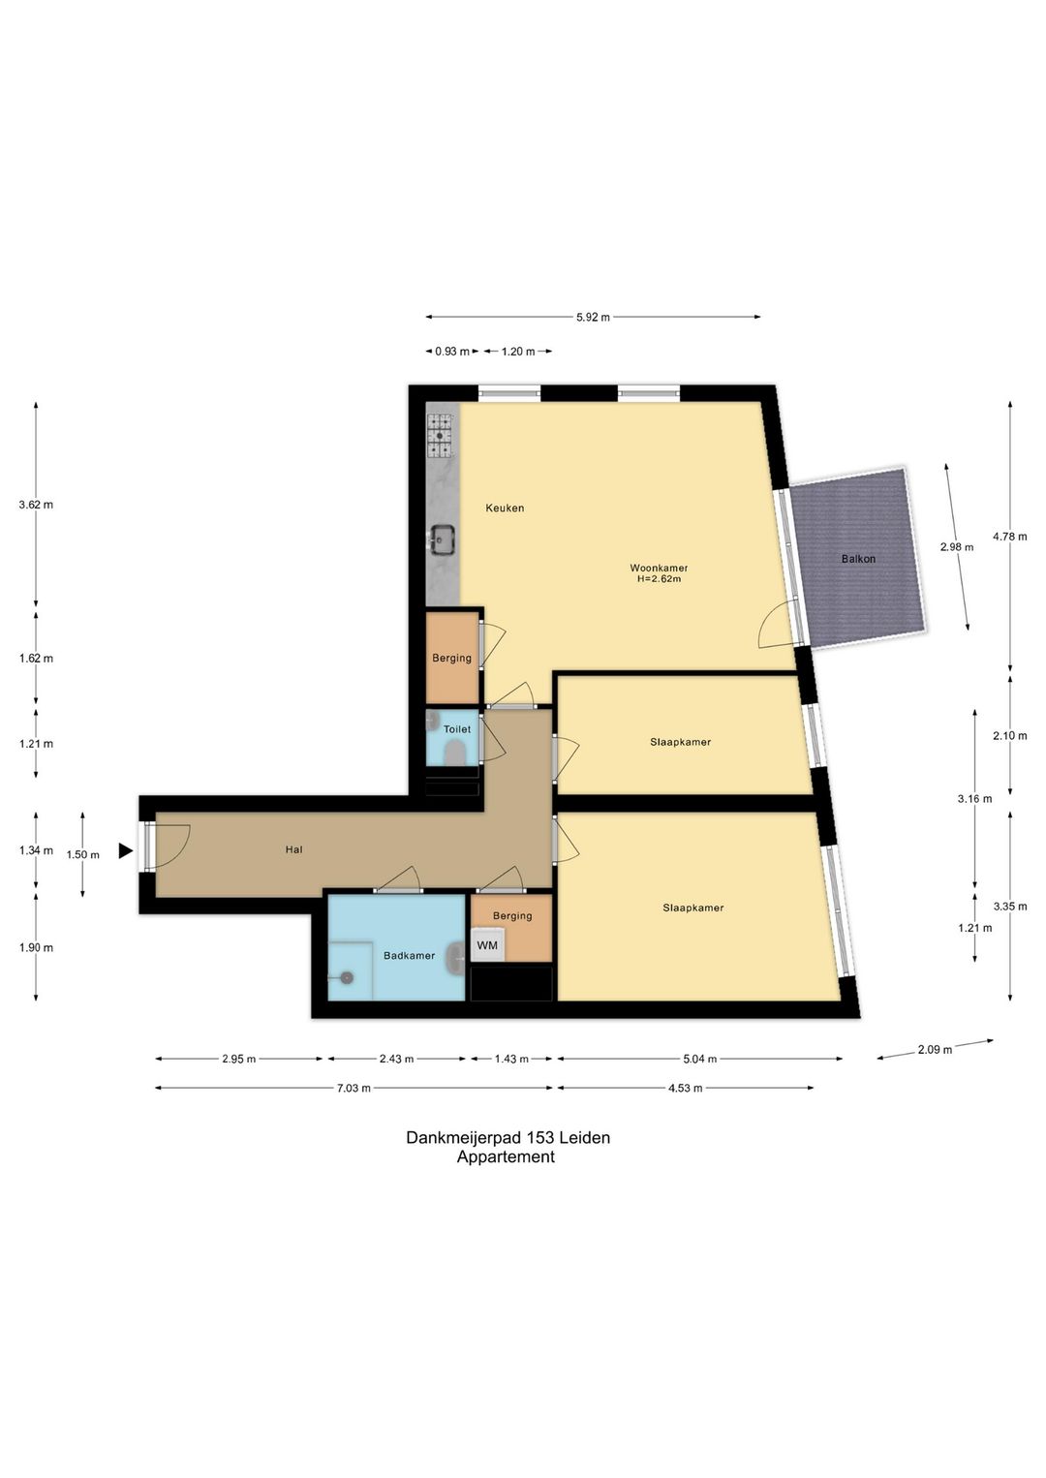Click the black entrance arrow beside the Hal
point(125,851)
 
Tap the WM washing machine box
point(488,945)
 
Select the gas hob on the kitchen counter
point(440,436)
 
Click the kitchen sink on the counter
point(440,539)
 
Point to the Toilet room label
point(457,729)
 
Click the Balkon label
point(858,559)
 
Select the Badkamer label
point(409,955)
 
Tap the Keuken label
point(505,508)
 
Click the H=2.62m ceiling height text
point(659,579)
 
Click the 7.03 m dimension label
point(354,1088)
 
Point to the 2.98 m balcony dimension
point(957,547)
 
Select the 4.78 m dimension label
point(1010,537)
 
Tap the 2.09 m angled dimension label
point(935,1049)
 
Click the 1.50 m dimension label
point(83,855)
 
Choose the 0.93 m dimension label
point(452,351)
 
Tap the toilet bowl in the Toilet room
point(454,753)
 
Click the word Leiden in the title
point(584,1137)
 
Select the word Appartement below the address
point(506,1156)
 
